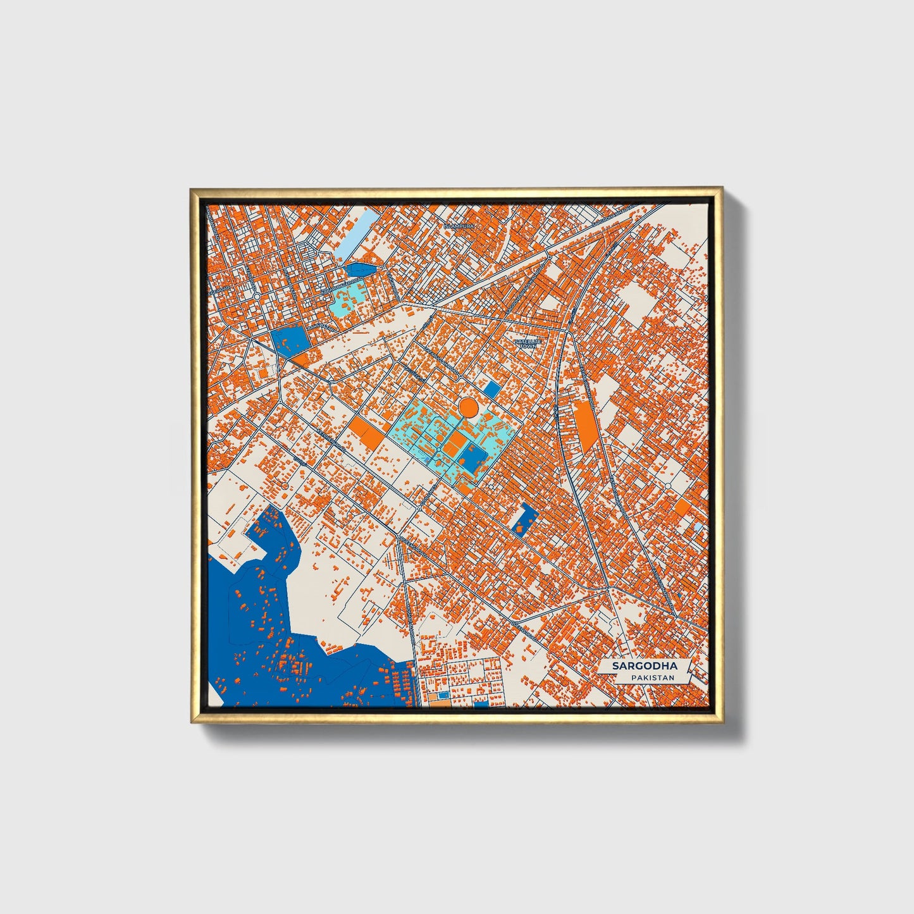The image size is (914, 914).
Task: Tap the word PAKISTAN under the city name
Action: (652, 678)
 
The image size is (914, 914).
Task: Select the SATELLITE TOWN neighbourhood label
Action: (525, 343)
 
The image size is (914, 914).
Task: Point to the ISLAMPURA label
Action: (459, 225)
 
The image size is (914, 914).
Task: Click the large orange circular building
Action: (467, 407)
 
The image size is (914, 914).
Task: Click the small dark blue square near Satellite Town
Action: (491, 389)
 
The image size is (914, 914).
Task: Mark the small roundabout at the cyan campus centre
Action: (438, 448)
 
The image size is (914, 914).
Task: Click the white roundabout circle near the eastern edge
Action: (668, 486)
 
